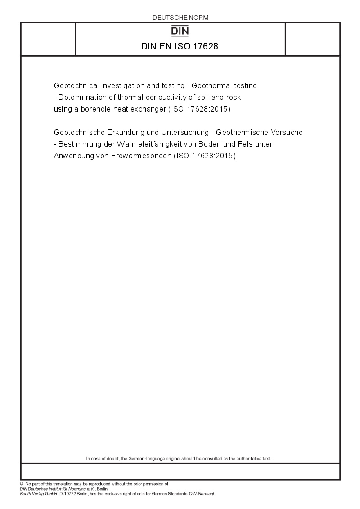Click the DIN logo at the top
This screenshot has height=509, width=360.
pyautogui.click(x=180, y=31)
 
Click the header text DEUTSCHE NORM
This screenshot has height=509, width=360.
pyautogui.click(x=180, y=18)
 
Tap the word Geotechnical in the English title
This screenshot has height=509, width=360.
pyautogui.click(x=75, y=85)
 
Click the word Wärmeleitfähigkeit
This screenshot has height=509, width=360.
pyautogui.click(x=153, y=144)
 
